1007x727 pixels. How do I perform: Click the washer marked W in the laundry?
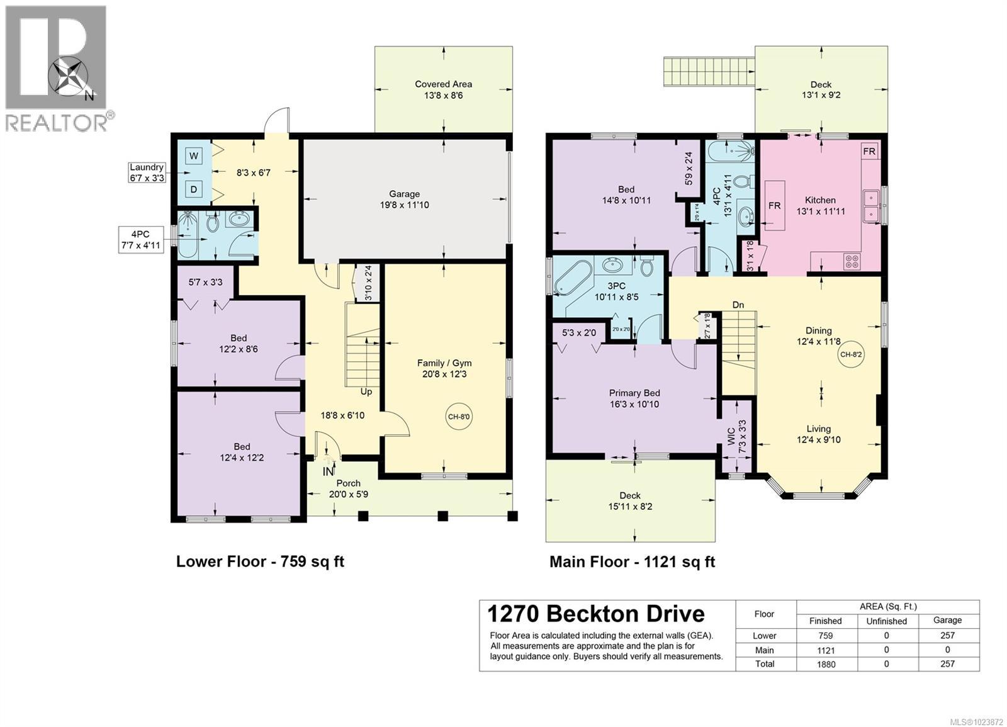[194, 155]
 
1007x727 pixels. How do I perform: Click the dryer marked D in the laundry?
[194, 189]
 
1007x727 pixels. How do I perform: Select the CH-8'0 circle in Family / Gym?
[459, 416]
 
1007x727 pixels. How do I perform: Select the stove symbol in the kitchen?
[852, 261]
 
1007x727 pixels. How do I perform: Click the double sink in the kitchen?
[872, 206]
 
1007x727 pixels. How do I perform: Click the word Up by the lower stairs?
[366, 392]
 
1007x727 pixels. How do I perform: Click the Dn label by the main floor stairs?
[738, 305]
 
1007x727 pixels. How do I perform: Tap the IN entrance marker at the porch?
[328, 471]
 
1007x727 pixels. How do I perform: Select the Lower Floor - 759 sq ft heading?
[260, 561]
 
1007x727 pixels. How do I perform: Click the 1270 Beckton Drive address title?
[596, 614]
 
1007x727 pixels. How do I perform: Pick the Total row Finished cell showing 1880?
[825, 664]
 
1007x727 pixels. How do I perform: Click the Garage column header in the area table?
[947, 620]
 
